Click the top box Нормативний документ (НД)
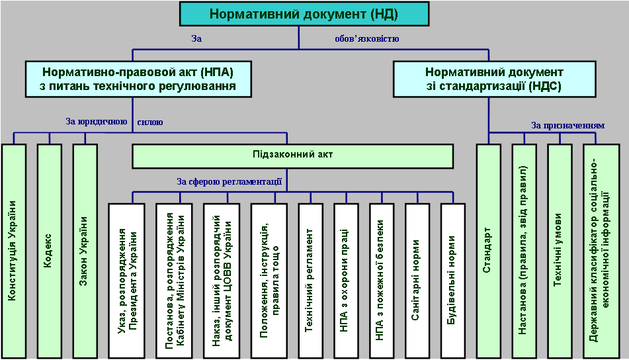(x=304, y=13)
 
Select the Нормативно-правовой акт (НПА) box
(x=138, y=79)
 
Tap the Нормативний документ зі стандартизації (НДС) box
(x=494, y=79)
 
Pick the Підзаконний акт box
(x=292, y=155)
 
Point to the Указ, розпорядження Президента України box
(x=127, y=278)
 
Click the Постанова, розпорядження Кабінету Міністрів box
(x=175, y=278)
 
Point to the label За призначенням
(x=567, y=124)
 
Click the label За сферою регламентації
(x=229, y=181)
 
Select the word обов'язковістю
(x=366, y=39)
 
